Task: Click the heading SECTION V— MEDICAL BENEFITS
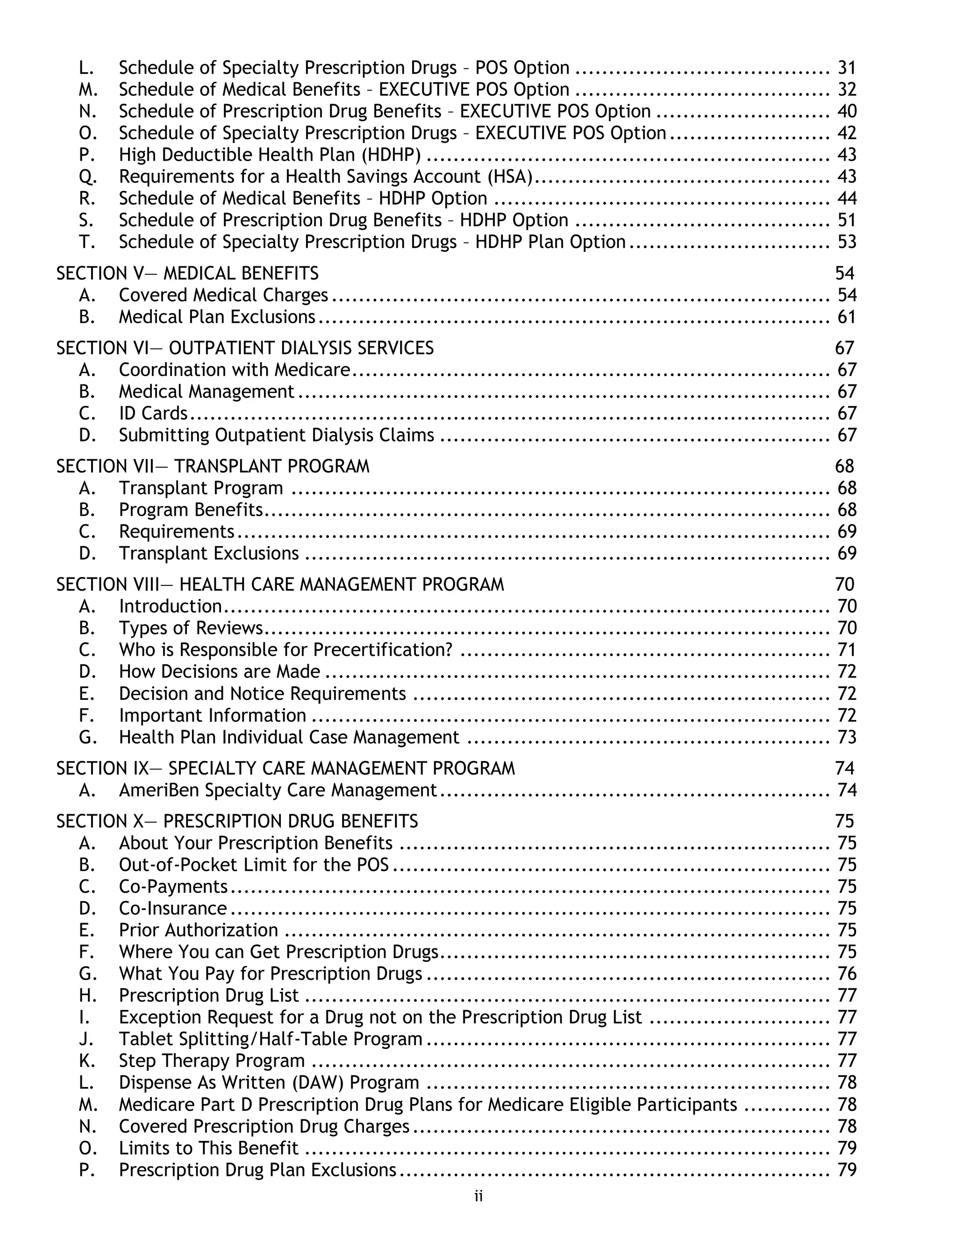click(x=187, y=273)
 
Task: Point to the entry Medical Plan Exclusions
click(x=216, y=316)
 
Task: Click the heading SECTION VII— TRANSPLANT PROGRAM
click(x=213, y=466)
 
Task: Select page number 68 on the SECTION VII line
click(x=844, y=466)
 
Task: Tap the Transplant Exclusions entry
click(x=208, y=553)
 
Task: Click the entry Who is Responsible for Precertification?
click(x=286, y=650)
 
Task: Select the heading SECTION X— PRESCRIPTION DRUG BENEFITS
click(x=237, y=821)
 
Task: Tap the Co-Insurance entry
click(x=173, y=908)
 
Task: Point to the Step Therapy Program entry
click(x=212, y=1060)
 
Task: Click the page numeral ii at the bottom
click(x=478, y=1196)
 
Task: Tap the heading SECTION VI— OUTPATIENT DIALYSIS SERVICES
click(x=245, y=348)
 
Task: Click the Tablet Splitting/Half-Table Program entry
click(x=271, y=1039)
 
